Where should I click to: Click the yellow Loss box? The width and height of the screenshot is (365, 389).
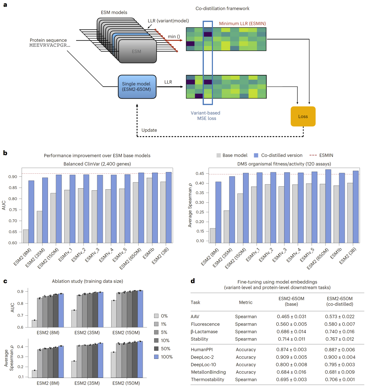(x=303, y=116)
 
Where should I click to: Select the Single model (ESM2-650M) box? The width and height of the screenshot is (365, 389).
(x=137, y=87)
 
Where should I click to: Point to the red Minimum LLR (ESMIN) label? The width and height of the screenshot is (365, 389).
(x=242, y=24)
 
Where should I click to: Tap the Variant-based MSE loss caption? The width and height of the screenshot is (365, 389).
(x=205, y=116)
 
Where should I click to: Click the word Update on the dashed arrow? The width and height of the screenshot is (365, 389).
(x=149, y=130)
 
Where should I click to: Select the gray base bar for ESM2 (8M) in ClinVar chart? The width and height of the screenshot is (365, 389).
(x=26, y=236)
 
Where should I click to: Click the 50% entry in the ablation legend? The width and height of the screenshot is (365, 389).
(x=165, y=349)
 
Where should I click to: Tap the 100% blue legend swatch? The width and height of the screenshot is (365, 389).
(x=156, y=357)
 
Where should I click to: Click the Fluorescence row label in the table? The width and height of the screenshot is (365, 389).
(x=205, y=324)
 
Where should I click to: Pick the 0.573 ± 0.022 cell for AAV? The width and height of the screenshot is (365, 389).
(x=340, y=317)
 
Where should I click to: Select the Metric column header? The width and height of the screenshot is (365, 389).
(x=246, y=302)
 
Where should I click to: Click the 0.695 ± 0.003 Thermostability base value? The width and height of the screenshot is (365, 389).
(x=291, y=380)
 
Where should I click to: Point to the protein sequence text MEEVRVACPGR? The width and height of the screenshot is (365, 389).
(x=50, y=45)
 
